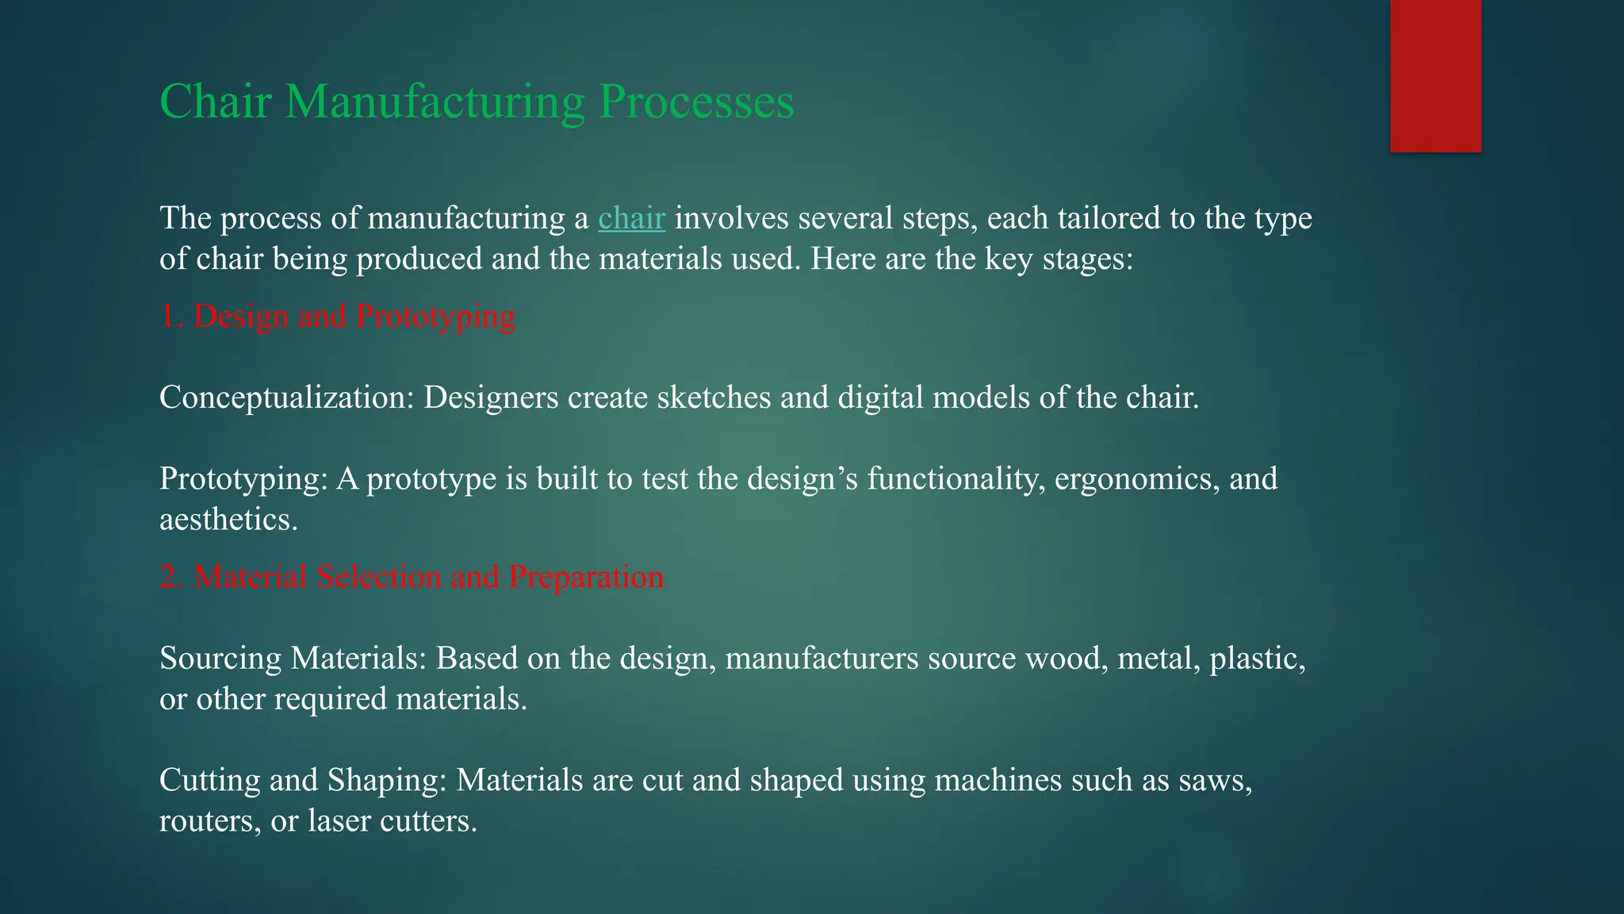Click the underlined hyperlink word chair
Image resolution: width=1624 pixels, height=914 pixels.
click(x=631, y=218)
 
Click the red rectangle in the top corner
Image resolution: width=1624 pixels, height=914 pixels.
click(x=1435, y=75)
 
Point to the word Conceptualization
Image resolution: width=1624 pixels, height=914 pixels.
click(x=286, y=397)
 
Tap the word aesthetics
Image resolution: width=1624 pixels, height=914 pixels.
click(x=228, y=520)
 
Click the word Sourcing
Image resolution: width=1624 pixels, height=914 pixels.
click(x=220, y=659)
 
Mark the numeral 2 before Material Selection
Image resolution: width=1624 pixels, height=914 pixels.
click(x=169, y=577)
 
